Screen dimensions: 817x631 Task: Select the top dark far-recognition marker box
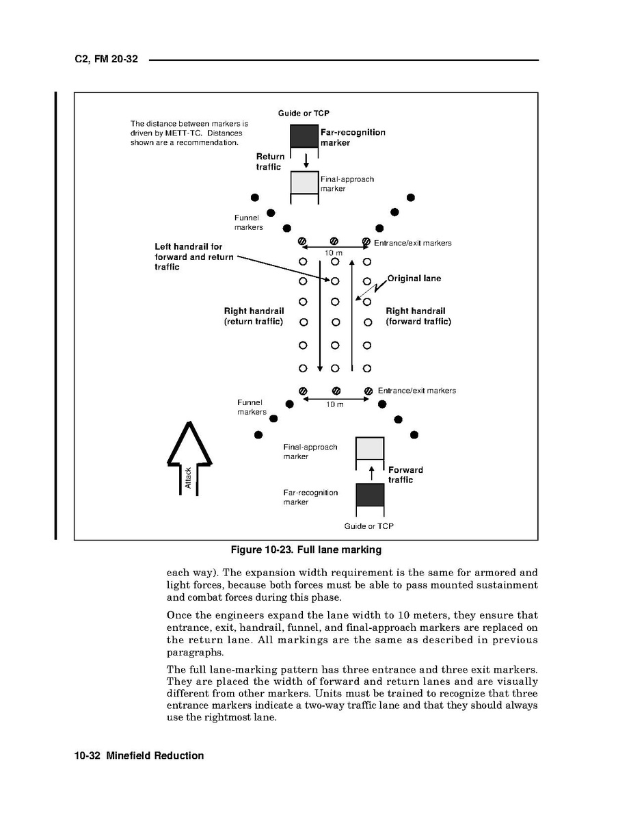305,136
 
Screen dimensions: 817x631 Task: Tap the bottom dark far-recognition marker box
370,495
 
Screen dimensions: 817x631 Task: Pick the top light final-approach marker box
305,182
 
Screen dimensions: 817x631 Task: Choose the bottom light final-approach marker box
370,448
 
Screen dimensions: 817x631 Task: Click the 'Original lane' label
414,278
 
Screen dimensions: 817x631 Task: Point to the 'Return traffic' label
270,161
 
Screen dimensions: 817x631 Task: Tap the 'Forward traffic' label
405,475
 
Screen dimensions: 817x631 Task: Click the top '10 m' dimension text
334,253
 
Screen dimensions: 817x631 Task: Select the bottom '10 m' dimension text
334,404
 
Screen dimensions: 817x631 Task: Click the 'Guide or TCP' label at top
304,113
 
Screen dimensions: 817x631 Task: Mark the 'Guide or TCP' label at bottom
369,526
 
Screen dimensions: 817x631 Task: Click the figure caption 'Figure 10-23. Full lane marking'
306,549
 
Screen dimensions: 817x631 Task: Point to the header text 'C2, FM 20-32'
106,60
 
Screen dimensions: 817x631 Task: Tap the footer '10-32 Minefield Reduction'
139,755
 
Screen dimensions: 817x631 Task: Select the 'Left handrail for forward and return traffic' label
194,257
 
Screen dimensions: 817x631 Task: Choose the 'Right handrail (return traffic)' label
254,316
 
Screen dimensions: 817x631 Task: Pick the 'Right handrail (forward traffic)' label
418,316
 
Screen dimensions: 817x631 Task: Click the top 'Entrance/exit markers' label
412,243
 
